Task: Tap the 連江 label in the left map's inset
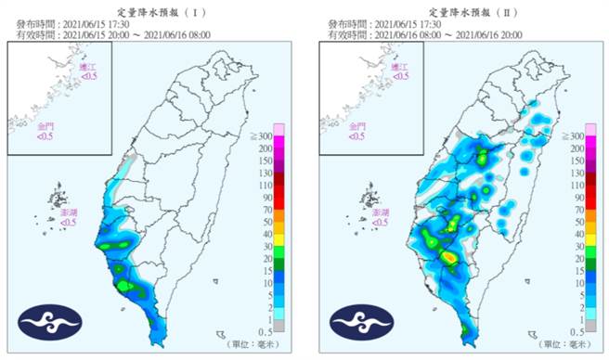click(x=89, y=67)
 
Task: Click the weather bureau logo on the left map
click(x=46, y=320)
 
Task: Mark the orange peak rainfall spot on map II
click(x=448, y=256)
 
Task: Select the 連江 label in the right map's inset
click(x=401, y=67)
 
